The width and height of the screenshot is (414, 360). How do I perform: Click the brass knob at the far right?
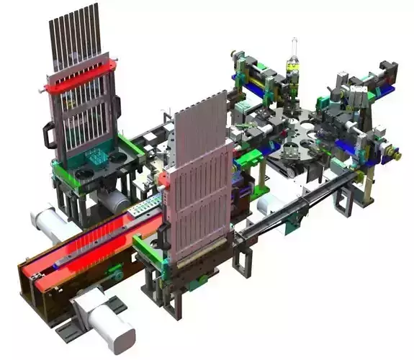coord(395,153)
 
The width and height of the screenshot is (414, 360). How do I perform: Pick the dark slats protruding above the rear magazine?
coord(74,32)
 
